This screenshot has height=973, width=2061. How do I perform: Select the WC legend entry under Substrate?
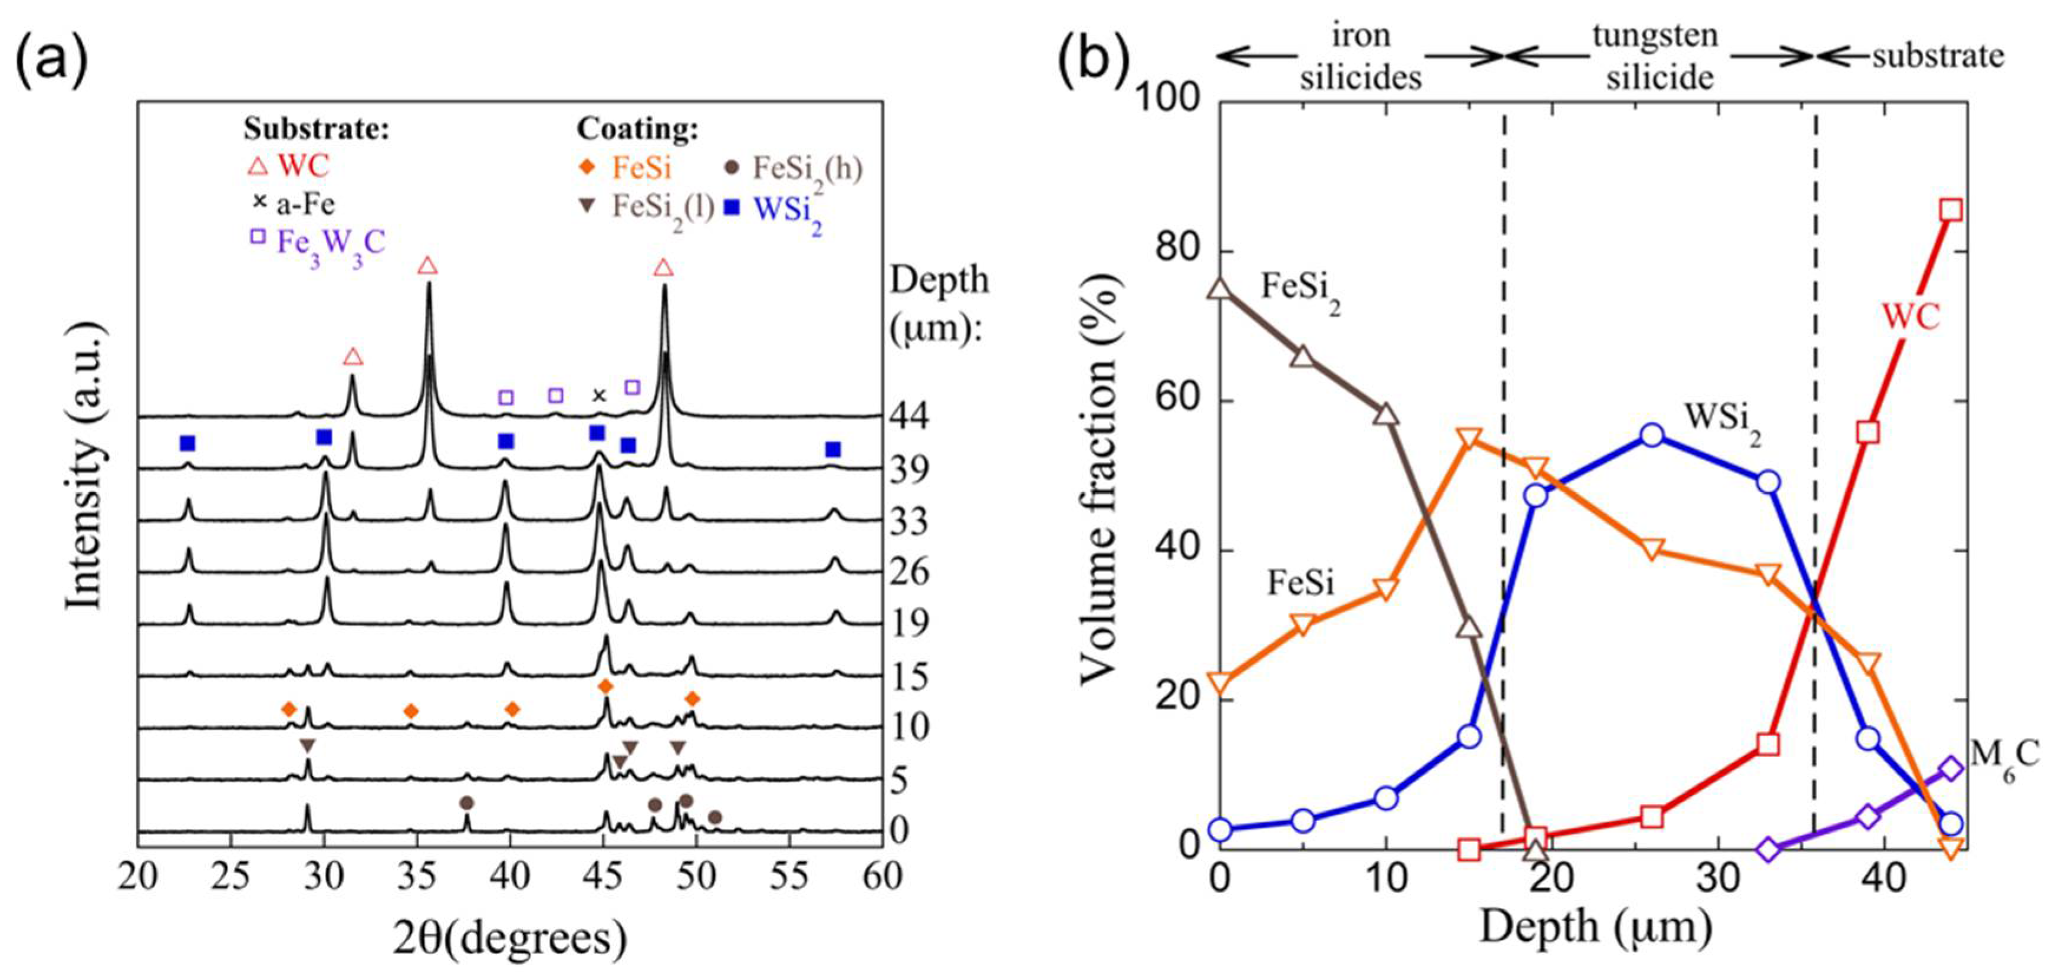click(x=288, y=166)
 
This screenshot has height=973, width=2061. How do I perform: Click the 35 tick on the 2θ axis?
click(x=417, y=877)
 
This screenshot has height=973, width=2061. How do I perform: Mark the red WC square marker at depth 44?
click(x=1951, y=211)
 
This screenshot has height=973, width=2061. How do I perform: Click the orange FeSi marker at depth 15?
click(x=1469, y=439)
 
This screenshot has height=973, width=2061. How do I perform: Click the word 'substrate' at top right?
click(x=1938, y=56)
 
